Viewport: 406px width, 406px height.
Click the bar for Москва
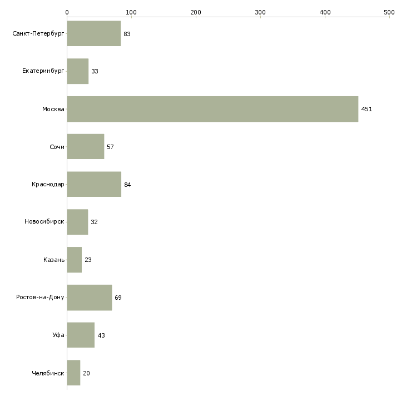[x=212, y=109]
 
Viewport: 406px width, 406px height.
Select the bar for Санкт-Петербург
[x=93, y=34]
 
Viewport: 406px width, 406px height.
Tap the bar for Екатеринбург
[x=77, y=72]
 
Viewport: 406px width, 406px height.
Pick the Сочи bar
[x=85, y=147]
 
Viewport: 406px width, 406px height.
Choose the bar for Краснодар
[x=94, y=185]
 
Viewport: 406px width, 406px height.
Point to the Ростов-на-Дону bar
[x=89, y=298]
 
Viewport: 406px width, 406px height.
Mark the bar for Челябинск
[x=73, y=373]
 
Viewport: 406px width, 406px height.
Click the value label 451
[x=367, y=109]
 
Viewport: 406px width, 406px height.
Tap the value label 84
[x=127, y=185]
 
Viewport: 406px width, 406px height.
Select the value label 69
[x=118, y=298]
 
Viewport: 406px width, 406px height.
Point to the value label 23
[x=88, y=260]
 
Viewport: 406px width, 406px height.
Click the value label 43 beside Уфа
[x=101, y=335]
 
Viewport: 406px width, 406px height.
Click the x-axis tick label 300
[x=260, y=12]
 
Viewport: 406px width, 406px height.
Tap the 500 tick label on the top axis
[x=389, y=12]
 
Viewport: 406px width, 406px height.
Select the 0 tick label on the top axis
[x=67, y=12]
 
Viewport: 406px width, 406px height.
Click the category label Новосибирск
[x=44, y=222]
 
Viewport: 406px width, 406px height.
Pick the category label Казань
[x=54, y=260]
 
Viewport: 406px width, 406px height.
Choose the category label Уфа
[x=58, y=335]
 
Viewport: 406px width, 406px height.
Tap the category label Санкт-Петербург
[x=38, y=34]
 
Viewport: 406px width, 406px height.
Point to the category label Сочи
[x=57, y=147]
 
